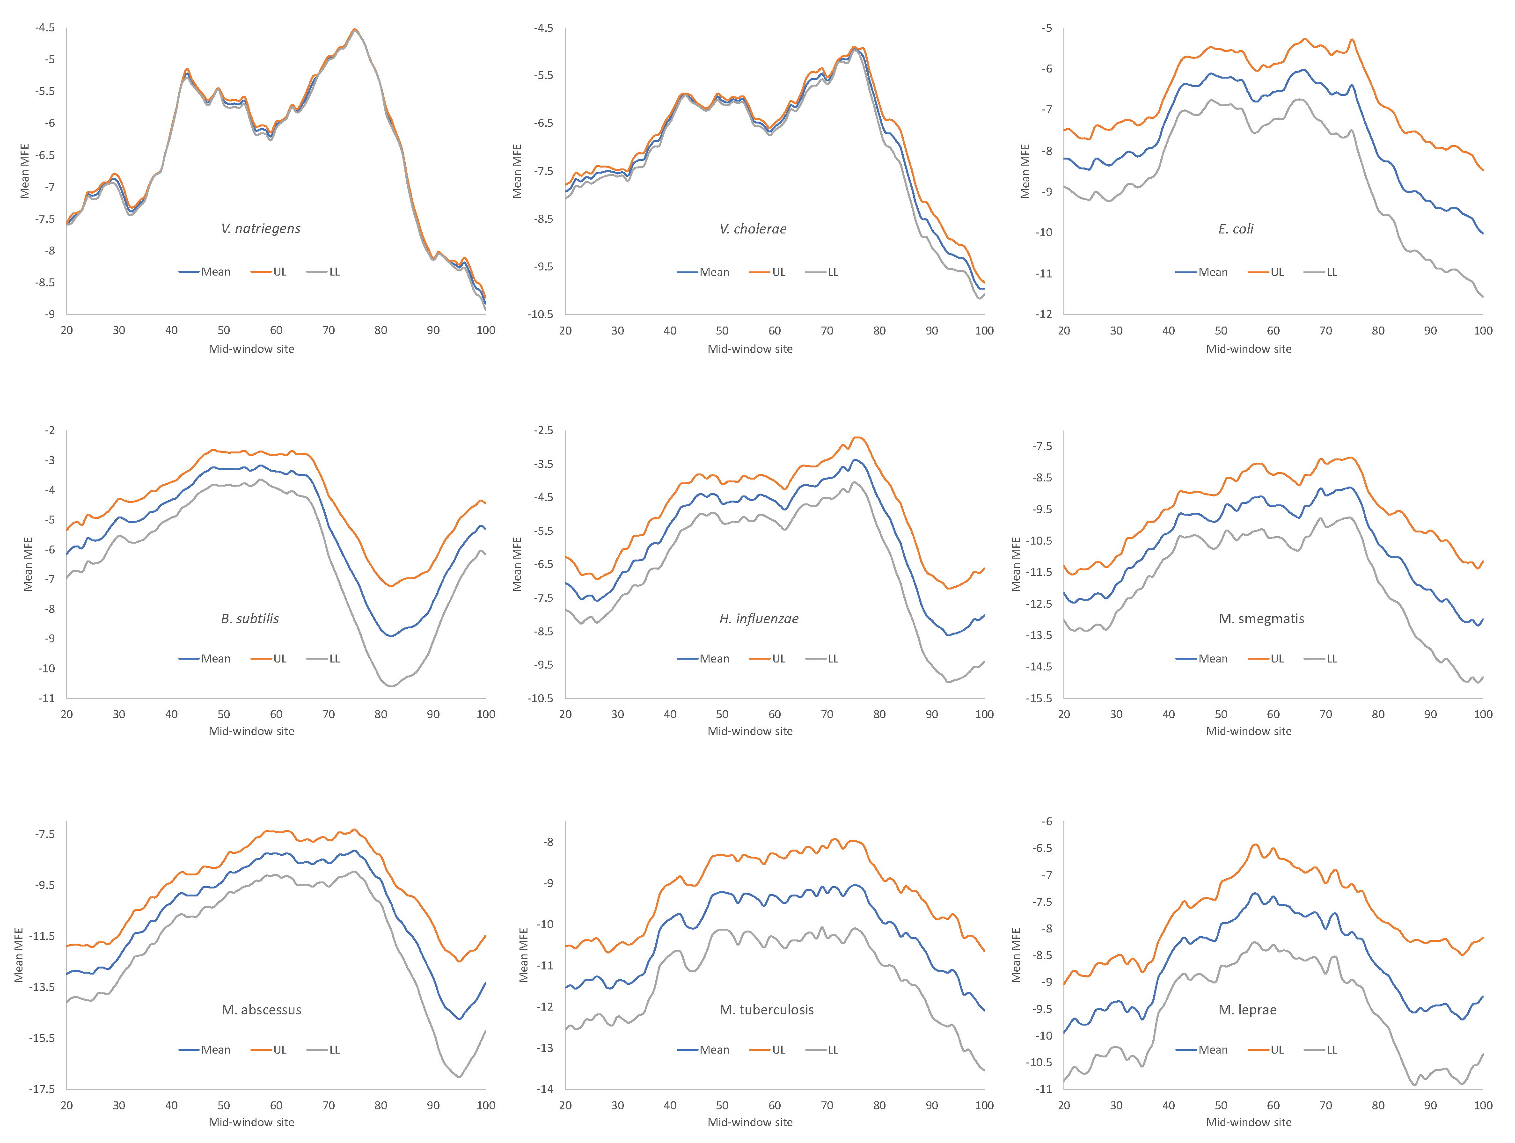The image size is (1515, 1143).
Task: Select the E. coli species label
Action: [1236, 229]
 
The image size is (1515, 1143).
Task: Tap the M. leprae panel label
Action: [1247, 1010]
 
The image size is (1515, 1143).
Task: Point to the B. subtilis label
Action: [250, 619]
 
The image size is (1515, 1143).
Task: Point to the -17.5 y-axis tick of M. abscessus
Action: [41, 1089]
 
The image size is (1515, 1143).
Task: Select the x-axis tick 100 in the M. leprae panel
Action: [1483, 1105]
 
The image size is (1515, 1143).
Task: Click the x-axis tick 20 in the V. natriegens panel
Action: [66, 330]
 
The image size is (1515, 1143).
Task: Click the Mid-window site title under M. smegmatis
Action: [1249, 731]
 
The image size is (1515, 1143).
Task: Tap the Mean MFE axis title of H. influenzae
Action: [518, 564]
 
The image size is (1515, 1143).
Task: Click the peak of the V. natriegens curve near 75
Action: [355, 29]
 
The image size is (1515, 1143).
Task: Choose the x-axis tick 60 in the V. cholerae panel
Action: [775, 330]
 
